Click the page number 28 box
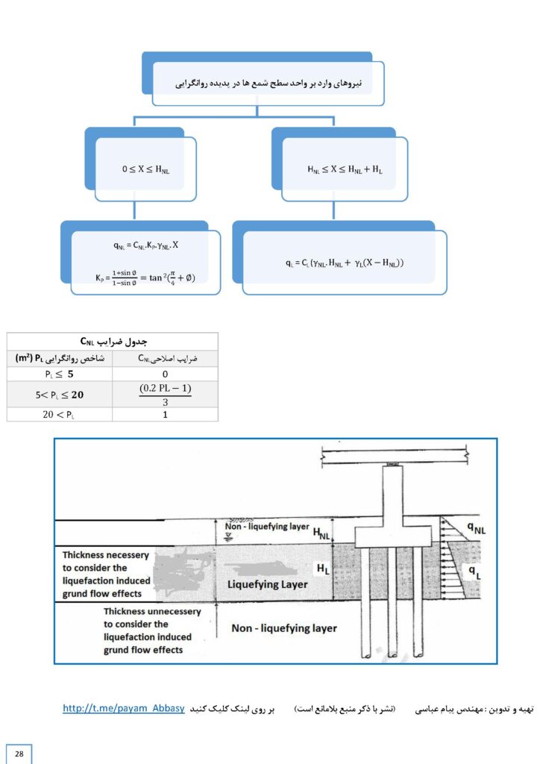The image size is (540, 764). tap(19, 754)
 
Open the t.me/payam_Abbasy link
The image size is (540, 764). tap(124, 709)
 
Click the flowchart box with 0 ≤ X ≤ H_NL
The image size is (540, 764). tap(145, 169)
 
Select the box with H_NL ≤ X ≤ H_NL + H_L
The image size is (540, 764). tap(345, 169)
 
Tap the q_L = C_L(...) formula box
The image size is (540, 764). tap(345, 263)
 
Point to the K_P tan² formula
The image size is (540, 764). tap(145, 278)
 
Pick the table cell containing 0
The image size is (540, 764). tap(165, 374)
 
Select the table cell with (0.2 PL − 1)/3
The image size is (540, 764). tap(165, 394)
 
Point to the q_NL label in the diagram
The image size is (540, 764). tap(476, 527)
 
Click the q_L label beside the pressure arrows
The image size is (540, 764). tap(474, 572)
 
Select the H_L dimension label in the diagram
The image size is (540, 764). tap(323, 569)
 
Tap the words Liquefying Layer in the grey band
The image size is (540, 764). tap(267, 584)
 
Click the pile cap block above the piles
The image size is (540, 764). tap(392, 536)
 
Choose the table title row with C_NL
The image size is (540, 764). tap(113, 341)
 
